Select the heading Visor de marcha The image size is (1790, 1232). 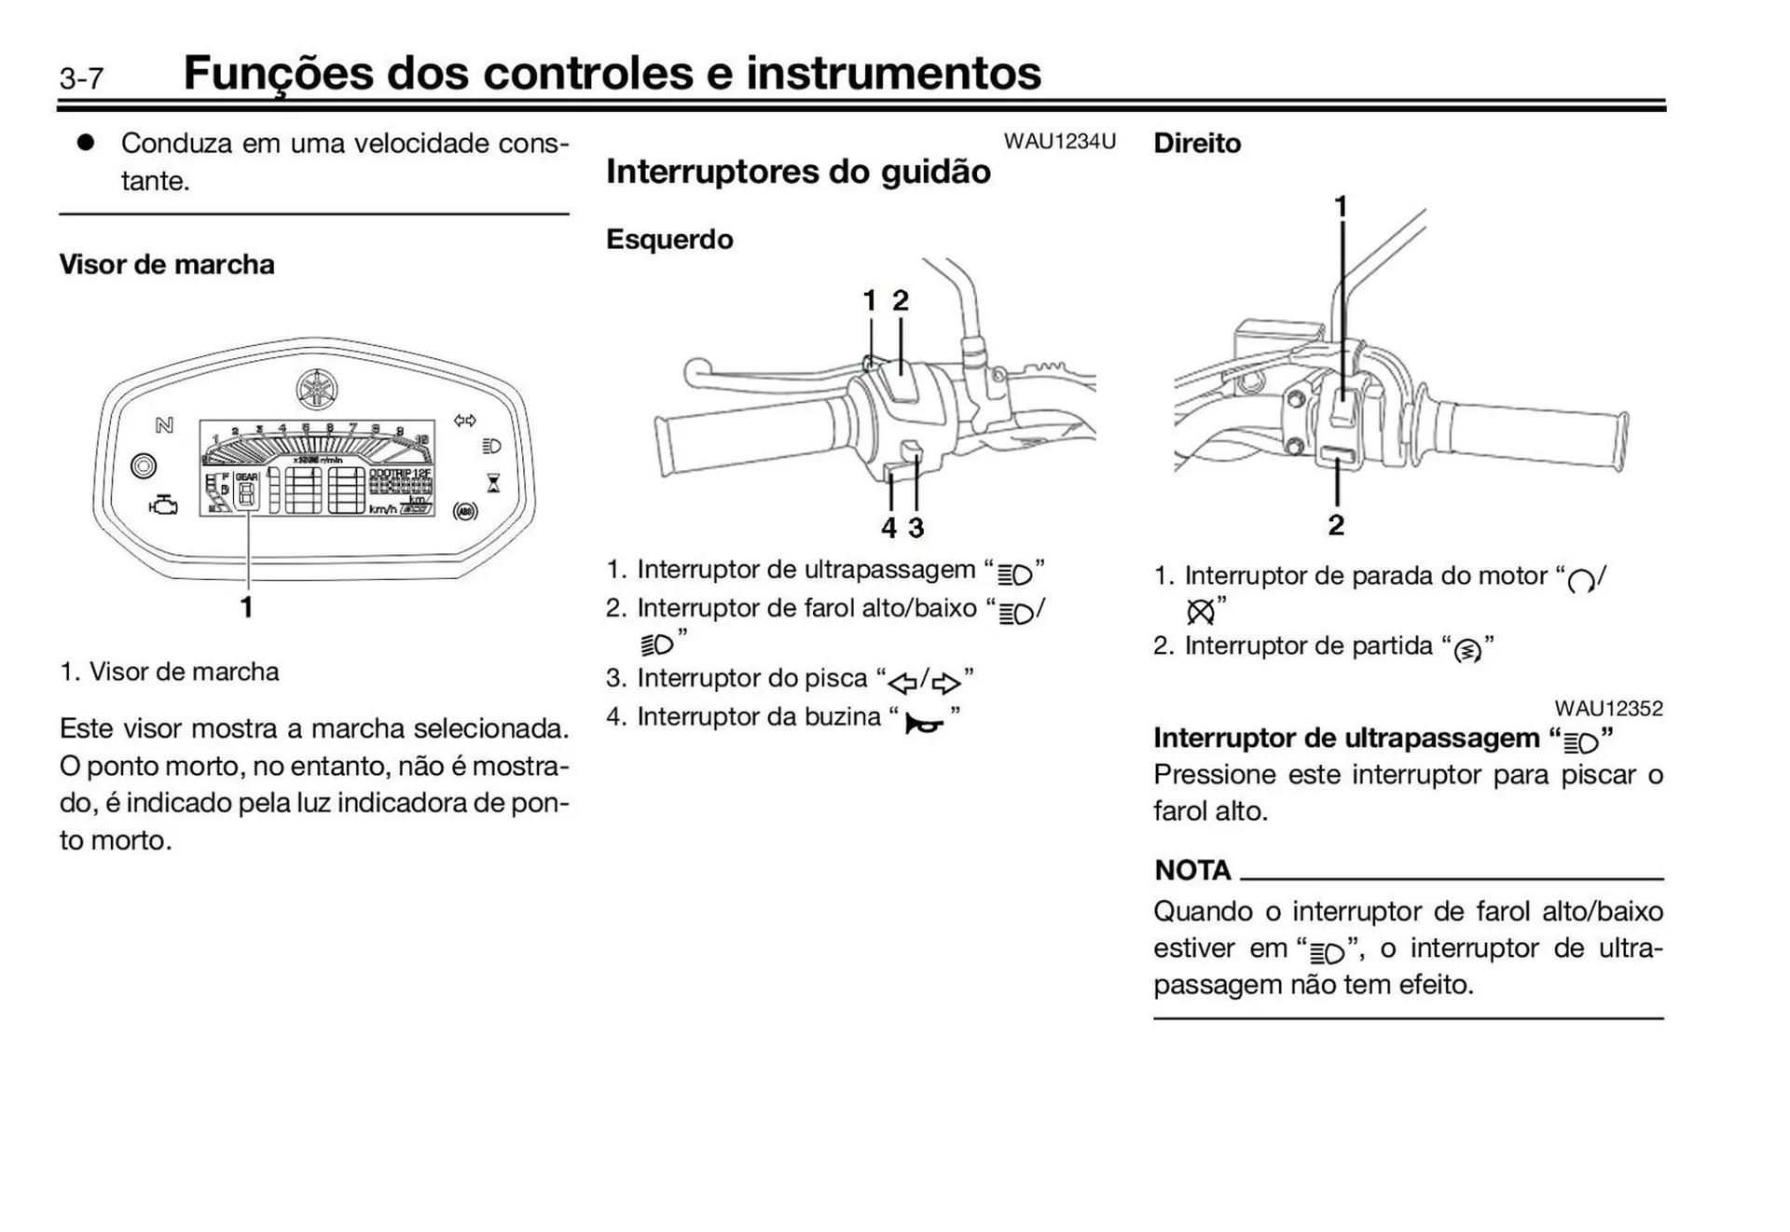tap(167, 265)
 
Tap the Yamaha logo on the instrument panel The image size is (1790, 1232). tap(317, 389)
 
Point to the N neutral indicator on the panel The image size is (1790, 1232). tap(164, 425)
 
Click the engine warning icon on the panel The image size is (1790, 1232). tap(163, 505)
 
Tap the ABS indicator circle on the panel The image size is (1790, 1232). tap(464, 510)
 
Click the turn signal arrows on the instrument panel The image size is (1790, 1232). tap(464, 421)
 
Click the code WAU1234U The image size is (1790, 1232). tap(1059, 142)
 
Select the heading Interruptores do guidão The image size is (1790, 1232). tap(798, 172)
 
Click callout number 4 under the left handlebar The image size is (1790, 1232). tap(888, 528)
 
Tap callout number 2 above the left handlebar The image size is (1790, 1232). tap(901, 301)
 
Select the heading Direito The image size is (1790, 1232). tap(1197, 144)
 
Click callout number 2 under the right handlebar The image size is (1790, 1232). tap(1336, 525)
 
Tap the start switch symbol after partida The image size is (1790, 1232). tap(1466, 650)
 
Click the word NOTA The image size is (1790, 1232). tap(1192, 870)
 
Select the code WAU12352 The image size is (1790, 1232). tap(1608, 709)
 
